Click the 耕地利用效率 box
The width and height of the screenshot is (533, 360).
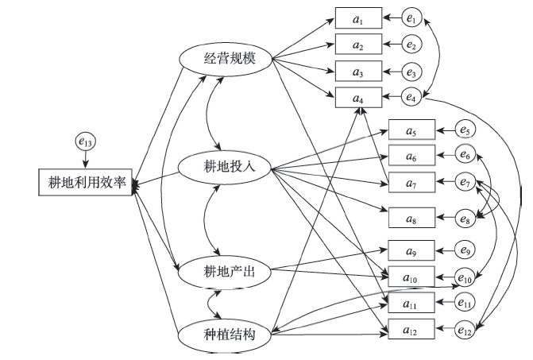tap(84, 181)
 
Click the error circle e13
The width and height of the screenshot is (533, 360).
tap(85, 142)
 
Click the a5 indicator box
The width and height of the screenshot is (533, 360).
tap(411, 129)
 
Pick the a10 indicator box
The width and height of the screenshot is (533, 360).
tap(411, 275)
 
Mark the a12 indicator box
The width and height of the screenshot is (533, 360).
tap(411, 328)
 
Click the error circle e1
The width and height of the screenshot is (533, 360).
tap(411, 16)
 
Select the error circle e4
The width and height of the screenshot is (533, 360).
tap(411, 99)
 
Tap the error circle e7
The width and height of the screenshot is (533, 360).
tap(465, 184)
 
